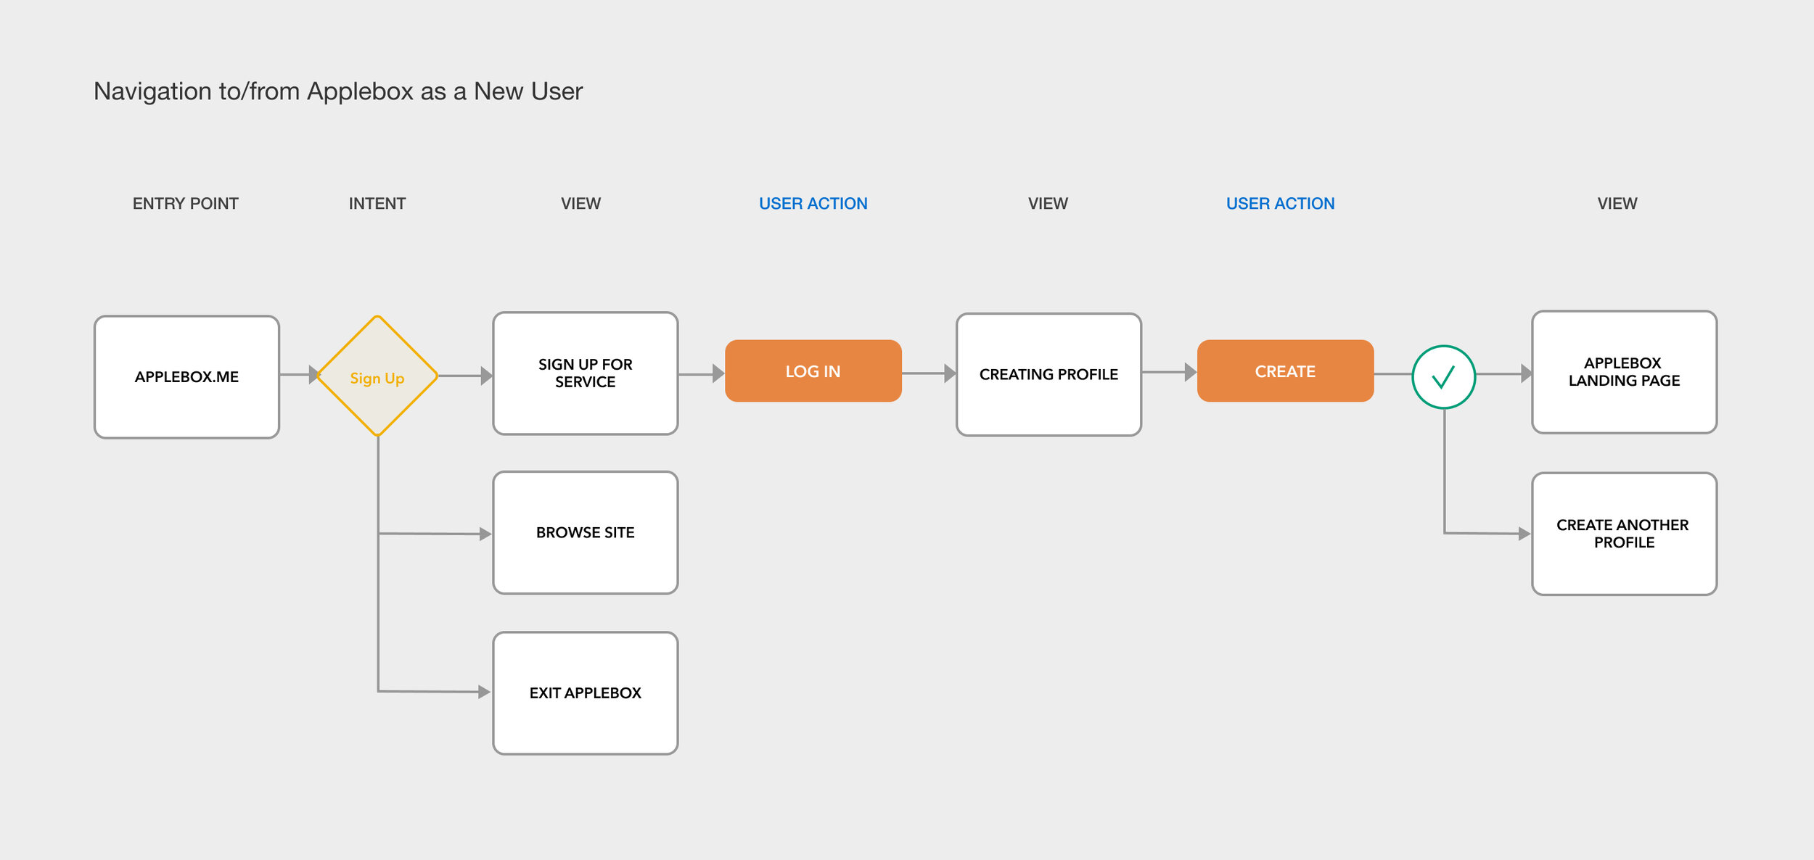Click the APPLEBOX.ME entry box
[x=186, y=377]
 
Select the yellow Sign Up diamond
[x=377, y=376]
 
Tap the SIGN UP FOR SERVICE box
[x=586, y=373]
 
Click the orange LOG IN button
[x=813, y=371]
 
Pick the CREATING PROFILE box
[x=1048, y=374]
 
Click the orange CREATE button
[x=1285, y=371]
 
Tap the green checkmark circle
[x=1444, y=377]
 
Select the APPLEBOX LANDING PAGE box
[x=1624, y=372]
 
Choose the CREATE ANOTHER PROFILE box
[x=1624, y=534]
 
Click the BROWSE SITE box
[x=586, y=533]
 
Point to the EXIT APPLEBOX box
[x=586, y=693]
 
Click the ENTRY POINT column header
[x=185, y=204]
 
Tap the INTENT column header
[x=377, y=204]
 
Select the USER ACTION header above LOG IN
[x=813, y=204]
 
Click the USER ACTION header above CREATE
[x=1281, y=204]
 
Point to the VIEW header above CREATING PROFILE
[x=1048, y=204]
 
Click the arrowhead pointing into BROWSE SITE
[x=486, y=534]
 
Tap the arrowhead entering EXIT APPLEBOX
[x=485, y=692]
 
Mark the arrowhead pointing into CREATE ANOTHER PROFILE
[x=1524, y=534]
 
